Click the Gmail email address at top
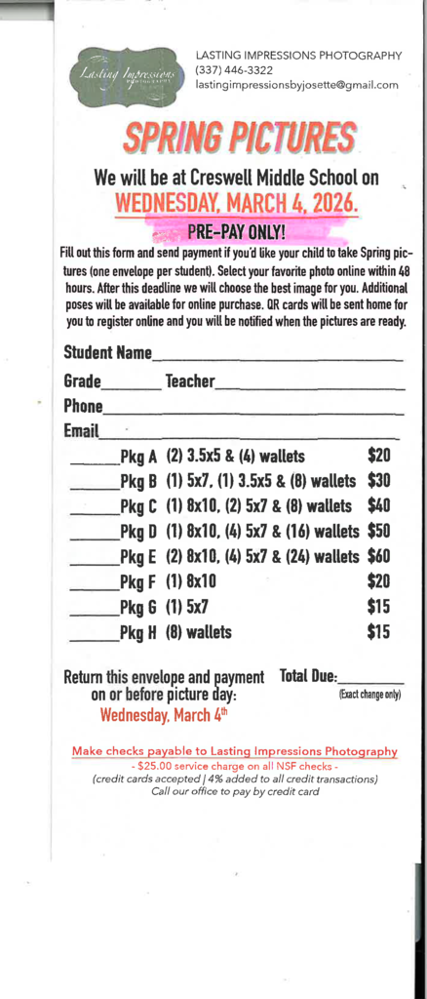pyautogui.click(x=297, y=85)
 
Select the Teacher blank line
pyautogui.click(x=309, y=387)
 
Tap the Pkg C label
pyautogui.click(x=137, y=506)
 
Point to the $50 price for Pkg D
pyautogui.click(x=378, y=531)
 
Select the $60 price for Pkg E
pyautogui.click(x=378, y=556)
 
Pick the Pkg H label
pyautogui.click(x=137, y=632)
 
